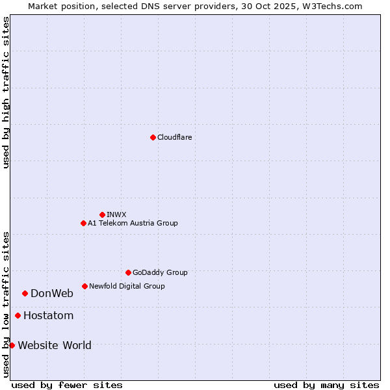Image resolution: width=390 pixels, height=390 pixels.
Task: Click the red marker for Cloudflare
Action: point(153,137)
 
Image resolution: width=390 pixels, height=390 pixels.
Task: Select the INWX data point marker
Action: point(102,214)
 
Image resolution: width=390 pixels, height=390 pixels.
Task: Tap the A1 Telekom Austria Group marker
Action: point(83,223)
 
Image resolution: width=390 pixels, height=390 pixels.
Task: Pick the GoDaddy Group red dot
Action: point(128,272)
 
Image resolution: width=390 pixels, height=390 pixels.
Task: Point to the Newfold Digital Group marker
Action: point(84,286)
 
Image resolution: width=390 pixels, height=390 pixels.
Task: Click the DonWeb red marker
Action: point(25,293)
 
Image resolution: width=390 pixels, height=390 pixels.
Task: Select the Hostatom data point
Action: point(18,316)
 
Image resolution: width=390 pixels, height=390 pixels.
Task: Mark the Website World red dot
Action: point(12,345)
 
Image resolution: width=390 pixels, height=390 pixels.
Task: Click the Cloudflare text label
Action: point(175,137)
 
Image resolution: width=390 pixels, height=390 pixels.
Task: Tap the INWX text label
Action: point(116,214)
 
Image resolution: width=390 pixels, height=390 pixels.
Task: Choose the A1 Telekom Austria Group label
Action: point(133,223)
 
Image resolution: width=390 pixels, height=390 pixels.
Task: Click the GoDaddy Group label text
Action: point(160,272)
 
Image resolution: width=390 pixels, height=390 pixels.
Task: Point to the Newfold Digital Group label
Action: point(127,286)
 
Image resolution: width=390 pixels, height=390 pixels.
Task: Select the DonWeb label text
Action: point(52,293)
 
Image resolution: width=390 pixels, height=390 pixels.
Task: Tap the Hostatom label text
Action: point(49,316)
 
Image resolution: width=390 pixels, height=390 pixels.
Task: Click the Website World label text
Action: point(55,345)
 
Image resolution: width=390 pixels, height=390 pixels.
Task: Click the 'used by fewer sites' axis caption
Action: point(67,385)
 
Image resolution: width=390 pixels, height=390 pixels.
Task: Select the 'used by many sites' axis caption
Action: point(326,385)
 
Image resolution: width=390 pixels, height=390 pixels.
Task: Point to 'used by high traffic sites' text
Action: point(6,92)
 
